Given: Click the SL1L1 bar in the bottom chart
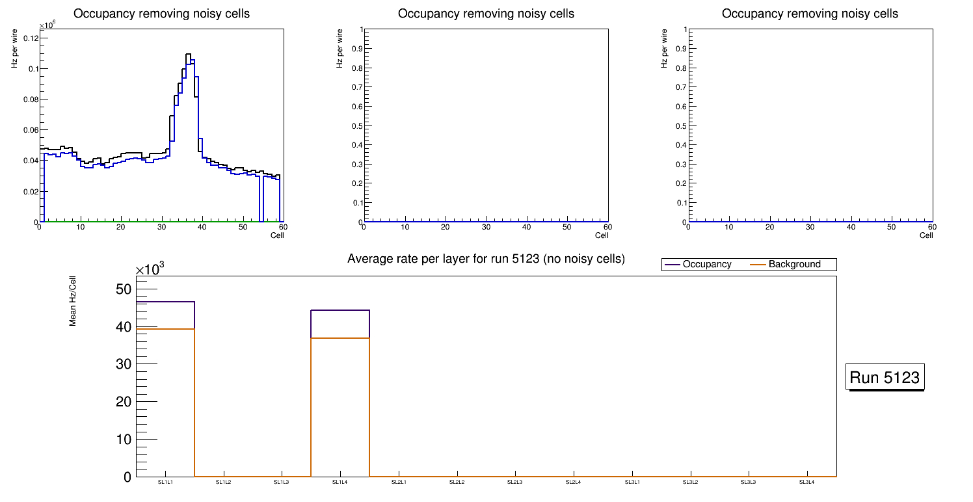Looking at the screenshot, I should point(165,390).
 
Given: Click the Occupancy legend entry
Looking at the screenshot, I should point(706,265).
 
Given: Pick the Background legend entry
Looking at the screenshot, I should point(794,265).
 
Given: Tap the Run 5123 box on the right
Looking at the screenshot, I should point(885,377).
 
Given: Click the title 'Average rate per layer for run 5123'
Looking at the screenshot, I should point(486,259).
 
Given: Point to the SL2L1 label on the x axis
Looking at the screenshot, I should point(399,482).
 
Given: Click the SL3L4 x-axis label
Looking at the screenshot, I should point(806,482).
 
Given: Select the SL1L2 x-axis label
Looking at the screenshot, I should point(224,482).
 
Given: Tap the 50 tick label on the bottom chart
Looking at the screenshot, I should point(124,289).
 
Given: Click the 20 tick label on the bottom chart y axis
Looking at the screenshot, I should point(124,402).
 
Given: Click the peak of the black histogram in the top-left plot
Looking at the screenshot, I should point(187,55).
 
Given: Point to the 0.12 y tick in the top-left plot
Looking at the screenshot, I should point(30,38).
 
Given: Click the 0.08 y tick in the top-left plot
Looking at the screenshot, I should point(30,99).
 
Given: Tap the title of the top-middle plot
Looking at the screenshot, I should point(486,14).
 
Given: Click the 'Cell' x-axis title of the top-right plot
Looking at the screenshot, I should point(926,235).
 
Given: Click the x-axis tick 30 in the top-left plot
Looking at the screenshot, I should point(161,228).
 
